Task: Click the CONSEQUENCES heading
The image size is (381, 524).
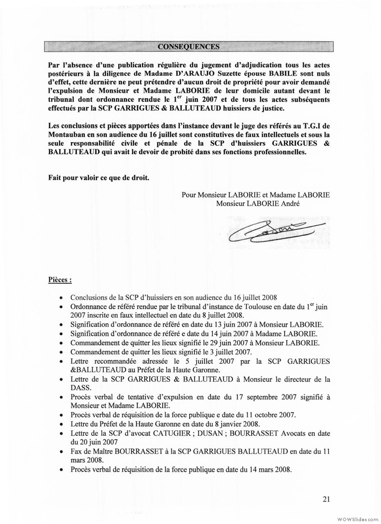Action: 189,47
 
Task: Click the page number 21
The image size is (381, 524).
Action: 326,499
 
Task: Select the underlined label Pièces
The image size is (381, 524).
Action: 60,280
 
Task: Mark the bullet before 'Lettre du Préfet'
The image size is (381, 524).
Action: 62,424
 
